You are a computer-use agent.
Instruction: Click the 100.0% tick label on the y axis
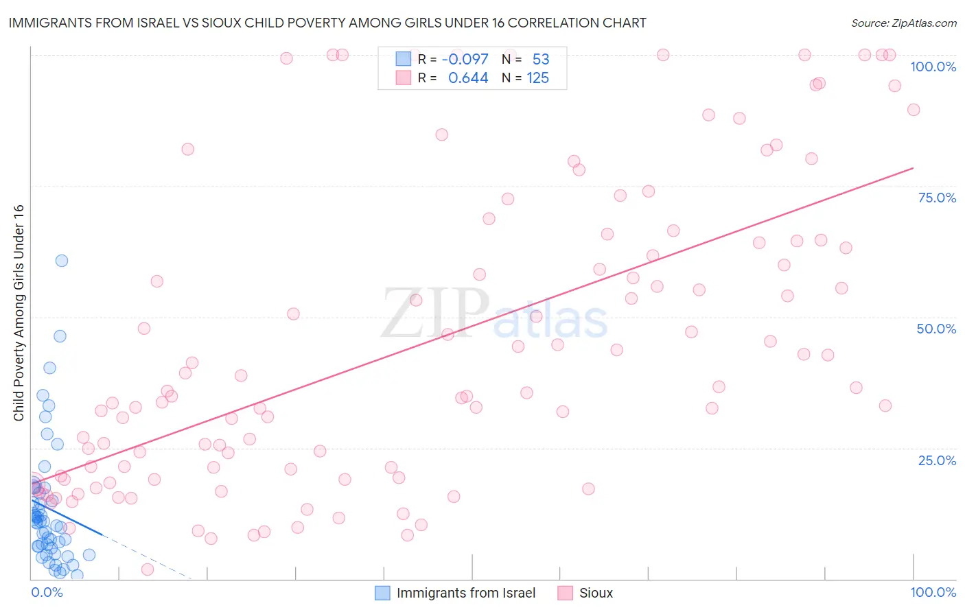933,67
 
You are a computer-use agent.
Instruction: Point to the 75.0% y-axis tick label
937,198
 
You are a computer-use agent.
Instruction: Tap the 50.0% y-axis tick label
936,329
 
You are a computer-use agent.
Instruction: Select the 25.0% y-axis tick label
937,460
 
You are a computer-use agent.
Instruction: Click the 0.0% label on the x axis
47,592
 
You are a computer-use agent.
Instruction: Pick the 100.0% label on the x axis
933,592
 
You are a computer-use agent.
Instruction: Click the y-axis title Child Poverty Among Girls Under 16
19,313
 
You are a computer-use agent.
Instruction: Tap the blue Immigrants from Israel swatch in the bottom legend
382,593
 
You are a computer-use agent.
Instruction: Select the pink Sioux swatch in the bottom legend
565,593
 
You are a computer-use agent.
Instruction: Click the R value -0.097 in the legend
465,59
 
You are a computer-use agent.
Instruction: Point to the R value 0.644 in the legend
468,78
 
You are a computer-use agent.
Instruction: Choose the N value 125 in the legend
537,78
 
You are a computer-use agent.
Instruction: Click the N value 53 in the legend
541,59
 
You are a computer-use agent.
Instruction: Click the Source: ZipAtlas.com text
903,23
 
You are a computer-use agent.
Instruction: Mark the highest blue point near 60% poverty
62,261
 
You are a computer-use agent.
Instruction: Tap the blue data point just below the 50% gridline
60,336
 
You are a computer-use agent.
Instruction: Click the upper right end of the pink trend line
913,168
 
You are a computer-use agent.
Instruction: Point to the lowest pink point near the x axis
148,569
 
